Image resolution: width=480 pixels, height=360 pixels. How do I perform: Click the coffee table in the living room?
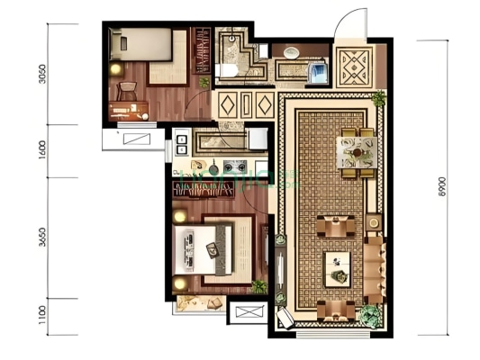[339, 265]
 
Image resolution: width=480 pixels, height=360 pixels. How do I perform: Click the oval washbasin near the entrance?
[291, 52]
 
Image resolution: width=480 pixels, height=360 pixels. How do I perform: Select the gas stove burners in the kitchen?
[235, 166]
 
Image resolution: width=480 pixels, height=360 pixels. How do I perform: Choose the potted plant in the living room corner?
[369, 315]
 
